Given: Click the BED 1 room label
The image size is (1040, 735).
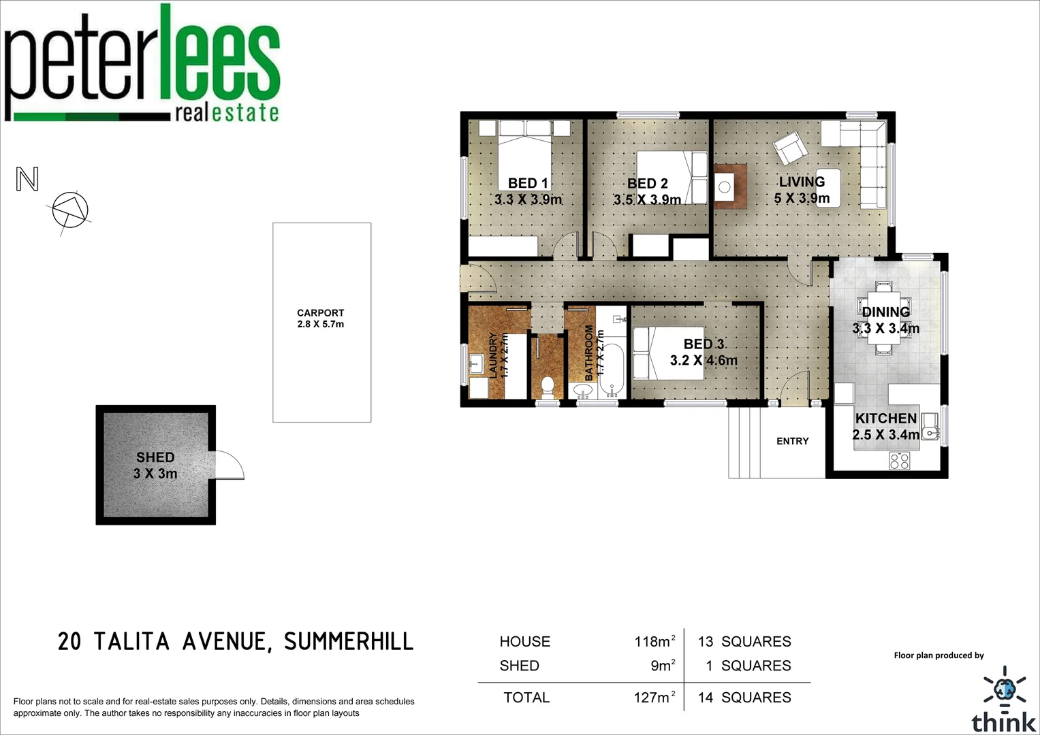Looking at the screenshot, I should coord(528,184).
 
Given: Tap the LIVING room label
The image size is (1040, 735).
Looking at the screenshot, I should coord(802,182).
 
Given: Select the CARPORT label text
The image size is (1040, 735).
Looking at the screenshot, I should coord(320,313).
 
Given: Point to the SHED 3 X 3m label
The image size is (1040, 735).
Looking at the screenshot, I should coord(155,465).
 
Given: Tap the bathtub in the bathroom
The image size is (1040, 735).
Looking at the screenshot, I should coord(612,371).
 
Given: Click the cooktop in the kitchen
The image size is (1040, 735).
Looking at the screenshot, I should coord(899,461).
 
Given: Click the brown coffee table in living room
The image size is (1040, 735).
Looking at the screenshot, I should coord(730,186).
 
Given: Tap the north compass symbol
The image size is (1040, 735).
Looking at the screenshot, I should coord(70,210).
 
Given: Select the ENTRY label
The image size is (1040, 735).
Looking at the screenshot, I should coord(792,441).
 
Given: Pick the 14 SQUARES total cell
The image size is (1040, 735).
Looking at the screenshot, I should coord(744,698).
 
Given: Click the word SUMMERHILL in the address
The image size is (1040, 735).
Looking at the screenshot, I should coord(348,641).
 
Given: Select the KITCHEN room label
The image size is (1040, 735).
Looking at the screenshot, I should coord(885,419).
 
